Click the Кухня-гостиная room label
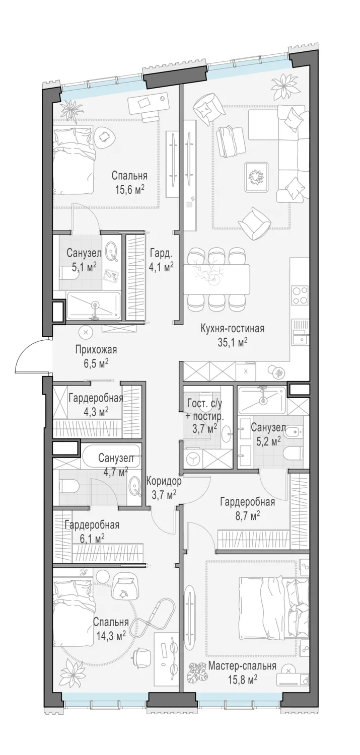pos(232,328)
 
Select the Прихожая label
pos(96,350)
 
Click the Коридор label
pos(164,481)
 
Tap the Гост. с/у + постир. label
pos(204,409)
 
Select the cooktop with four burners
pos(300,295)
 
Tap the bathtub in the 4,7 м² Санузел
pos(110,456)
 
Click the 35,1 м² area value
pos(233,342)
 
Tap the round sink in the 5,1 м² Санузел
pos(112,252)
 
